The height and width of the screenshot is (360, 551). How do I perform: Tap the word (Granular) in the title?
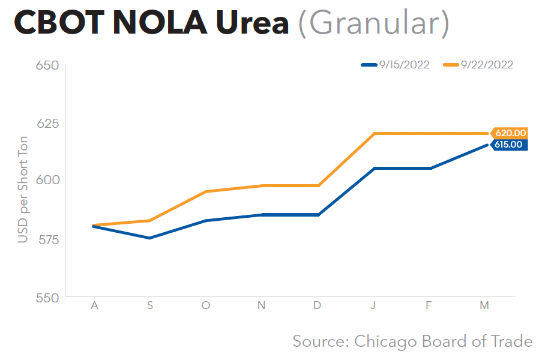pyautogui.click(x=373, y=25)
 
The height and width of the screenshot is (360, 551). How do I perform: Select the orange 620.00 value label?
pyautogui.click(x=510, y=133)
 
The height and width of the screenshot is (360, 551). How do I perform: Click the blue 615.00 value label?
pyautogui.click(x=509, y=145)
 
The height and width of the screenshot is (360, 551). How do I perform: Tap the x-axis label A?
pyautogui.click(x=94, y=306)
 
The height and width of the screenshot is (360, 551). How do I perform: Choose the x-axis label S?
pyautogui.click(x=150, y=306)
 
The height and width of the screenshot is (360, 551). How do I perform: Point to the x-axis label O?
pyautogui.click(x=206, y=306)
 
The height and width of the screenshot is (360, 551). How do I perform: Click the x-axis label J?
pyautogui.click(x=373, y=306)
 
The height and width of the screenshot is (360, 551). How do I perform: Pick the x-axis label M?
pyautogui.click(x=484, y=306)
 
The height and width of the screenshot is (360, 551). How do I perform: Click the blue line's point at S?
pyautogui.click(x=150, y=238)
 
